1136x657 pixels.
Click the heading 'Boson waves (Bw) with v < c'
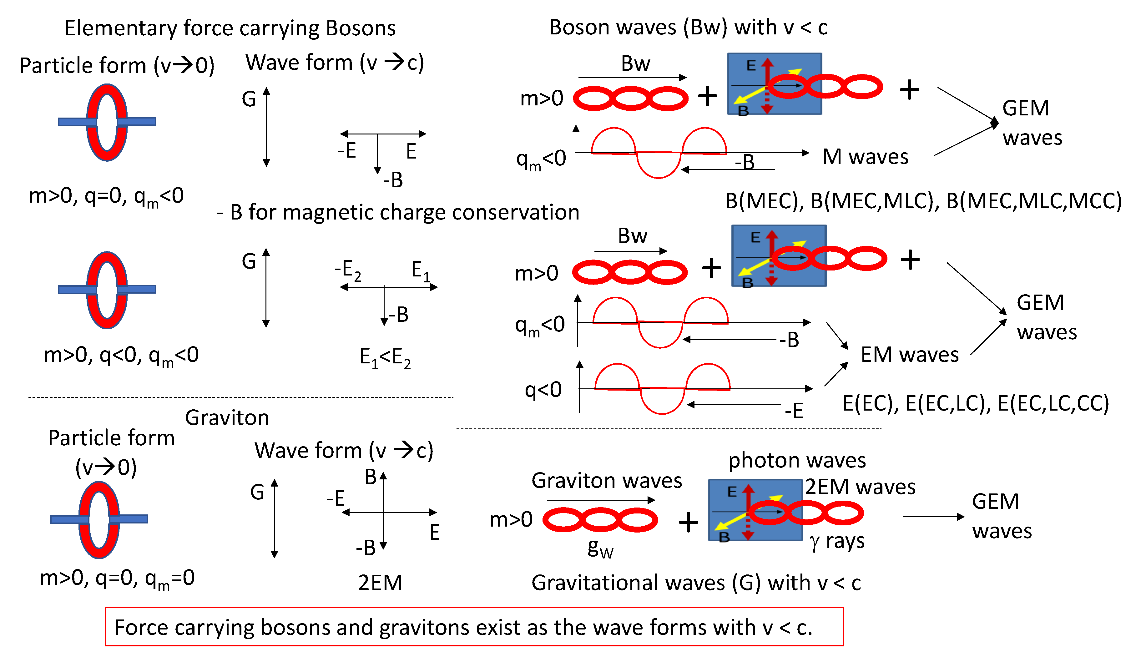[x=688, y=27]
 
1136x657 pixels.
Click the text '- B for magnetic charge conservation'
[x=398, y=212]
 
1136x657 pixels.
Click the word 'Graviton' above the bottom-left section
[x=227, y=417]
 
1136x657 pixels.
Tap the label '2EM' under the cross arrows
[x=380, y=583]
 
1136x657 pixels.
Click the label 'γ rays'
[x=837, y=541]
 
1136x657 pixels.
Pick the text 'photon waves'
[x=796, y=460]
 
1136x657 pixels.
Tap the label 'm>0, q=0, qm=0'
[x=117, y=578]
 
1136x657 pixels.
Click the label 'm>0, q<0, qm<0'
[x=121, y=355]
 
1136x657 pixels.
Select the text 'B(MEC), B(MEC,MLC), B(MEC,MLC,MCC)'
[x=923, y=201]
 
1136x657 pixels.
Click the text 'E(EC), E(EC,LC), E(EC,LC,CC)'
[x=976, y=403]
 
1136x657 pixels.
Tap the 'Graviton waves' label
[x=606, y=480]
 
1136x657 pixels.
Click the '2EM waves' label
[x=860, y=487]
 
